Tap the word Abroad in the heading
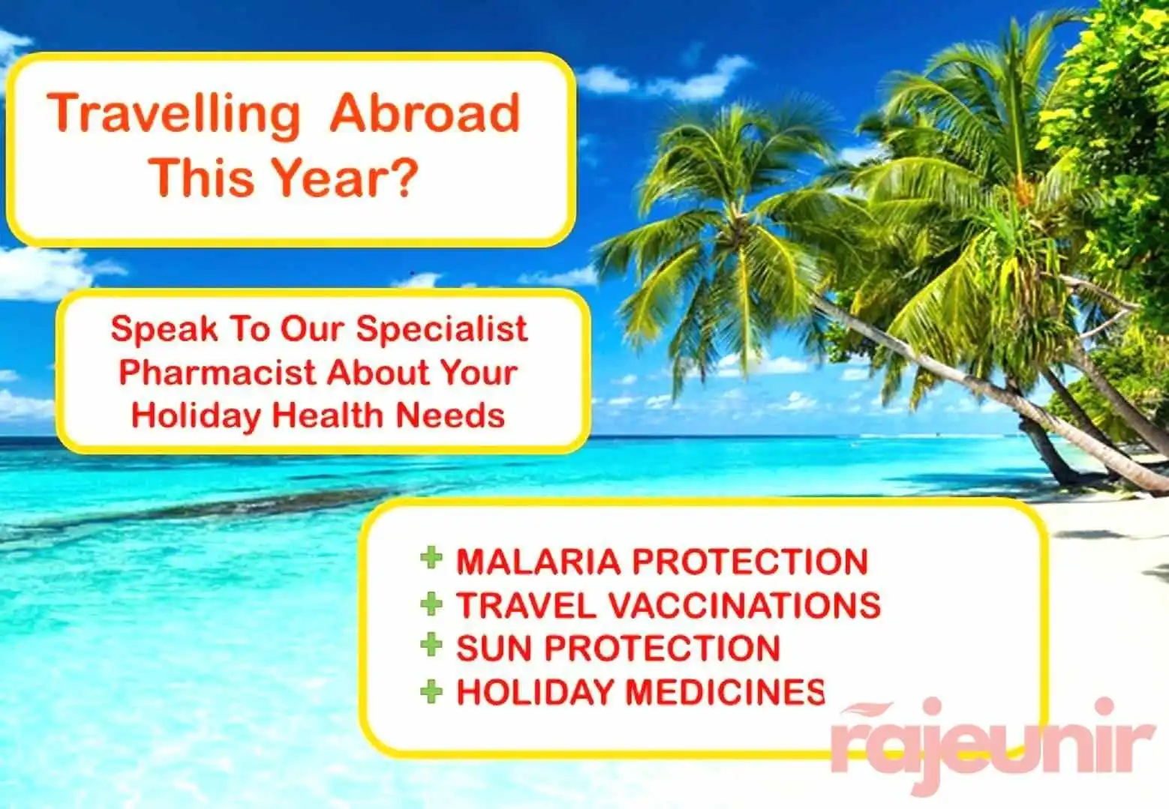(425, 113)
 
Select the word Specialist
(441, 330)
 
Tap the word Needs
(450, 415)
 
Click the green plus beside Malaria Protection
(431, 558)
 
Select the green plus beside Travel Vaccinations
(431, 604)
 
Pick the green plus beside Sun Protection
(431, 645)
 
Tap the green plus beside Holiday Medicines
(431, 691)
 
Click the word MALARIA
(539, 562)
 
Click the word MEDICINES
(725, 692)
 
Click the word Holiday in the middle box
(196, 416)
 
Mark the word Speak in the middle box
(164, 329)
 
